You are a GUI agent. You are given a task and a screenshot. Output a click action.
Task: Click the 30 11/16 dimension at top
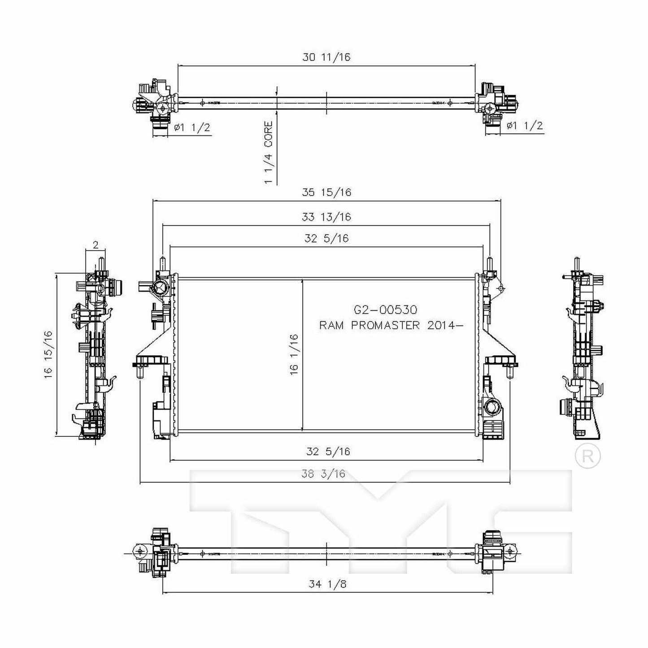(x=326, y=57)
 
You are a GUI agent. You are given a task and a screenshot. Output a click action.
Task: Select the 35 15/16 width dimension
(x=326, y=192)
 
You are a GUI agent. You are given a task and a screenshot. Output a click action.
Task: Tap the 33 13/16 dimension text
(x=326, y=217)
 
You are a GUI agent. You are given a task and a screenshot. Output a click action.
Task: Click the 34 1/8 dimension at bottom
(x=327, y=584)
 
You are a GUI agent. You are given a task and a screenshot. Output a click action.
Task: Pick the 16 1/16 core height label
(x=294, y=354)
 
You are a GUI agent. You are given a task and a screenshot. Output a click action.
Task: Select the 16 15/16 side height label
(x=48, y=354)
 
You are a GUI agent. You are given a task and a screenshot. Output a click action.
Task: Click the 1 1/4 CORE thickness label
(x=268, y=152)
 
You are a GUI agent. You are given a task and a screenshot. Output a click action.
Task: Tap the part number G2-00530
(x=385, y=309)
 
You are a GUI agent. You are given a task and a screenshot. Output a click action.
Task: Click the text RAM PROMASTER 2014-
(x=390, y=325)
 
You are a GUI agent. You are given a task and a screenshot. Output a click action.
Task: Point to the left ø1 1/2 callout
(x=192, y=127)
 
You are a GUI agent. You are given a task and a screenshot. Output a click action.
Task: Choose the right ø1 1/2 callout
(x=524, y=126)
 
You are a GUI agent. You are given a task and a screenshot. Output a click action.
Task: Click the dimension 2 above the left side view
(x=95, y=245)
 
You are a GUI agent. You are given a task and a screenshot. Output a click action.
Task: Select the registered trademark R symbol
(x=587, y=456)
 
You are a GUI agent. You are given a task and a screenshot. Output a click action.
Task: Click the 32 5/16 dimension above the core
(x=326, y=239)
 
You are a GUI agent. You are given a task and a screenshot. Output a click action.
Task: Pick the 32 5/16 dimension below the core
(x=328, y=452)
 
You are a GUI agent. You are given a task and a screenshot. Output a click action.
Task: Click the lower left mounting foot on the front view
(x=150, y=361)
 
